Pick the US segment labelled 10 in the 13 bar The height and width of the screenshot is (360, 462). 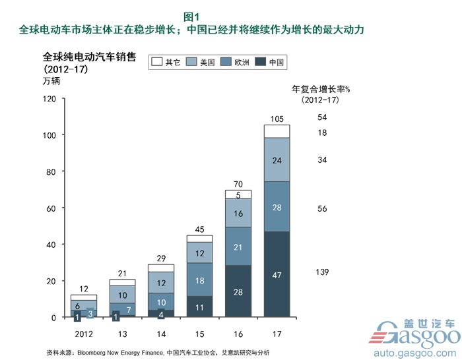point(123,296)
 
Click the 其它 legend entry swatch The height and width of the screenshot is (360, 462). point(157,63)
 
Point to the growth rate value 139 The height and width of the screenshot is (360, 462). point(322,272)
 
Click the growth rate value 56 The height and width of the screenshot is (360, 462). point(322,208)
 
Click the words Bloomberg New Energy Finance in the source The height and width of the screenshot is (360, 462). point(121,351)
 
